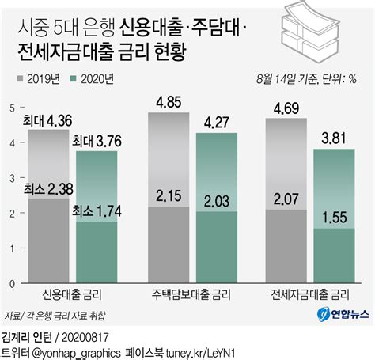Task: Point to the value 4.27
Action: (x=218, y=122)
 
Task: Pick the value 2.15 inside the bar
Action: (x=169, y=195)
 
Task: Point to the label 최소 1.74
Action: (x=96, y=211)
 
